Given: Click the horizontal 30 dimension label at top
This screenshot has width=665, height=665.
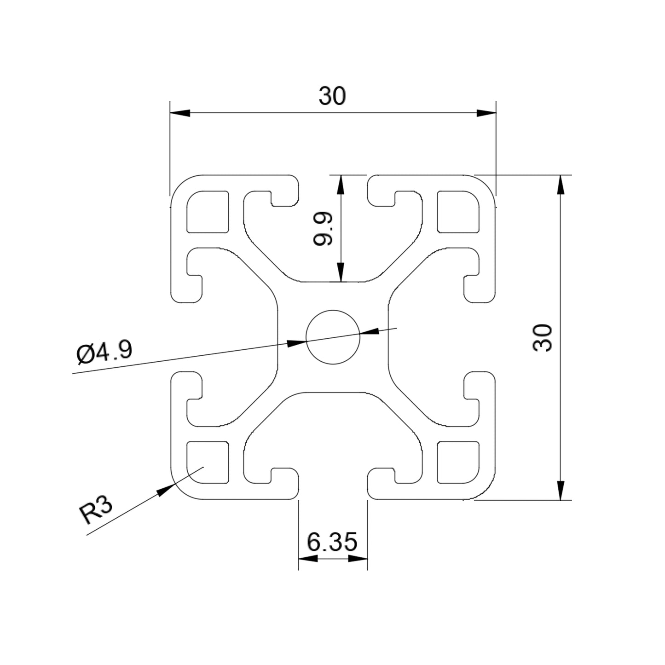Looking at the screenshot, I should pos(332,96).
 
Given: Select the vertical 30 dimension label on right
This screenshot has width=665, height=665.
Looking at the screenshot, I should pos(542,338).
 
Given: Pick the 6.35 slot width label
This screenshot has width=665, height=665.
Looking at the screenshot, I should pos(332,543).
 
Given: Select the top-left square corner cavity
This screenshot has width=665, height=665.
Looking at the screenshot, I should pos(208,211).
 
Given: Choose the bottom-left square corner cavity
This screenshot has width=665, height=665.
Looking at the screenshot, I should pos(208,463).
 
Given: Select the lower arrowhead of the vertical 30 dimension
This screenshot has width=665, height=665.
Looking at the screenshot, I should pos(560,490).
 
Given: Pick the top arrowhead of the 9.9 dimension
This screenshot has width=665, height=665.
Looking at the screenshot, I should pos(341,185).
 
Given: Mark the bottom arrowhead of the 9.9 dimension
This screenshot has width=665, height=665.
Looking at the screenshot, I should pos(341,272).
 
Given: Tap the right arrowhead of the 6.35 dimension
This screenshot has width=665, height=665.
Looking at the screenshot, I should pos(358,559).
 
